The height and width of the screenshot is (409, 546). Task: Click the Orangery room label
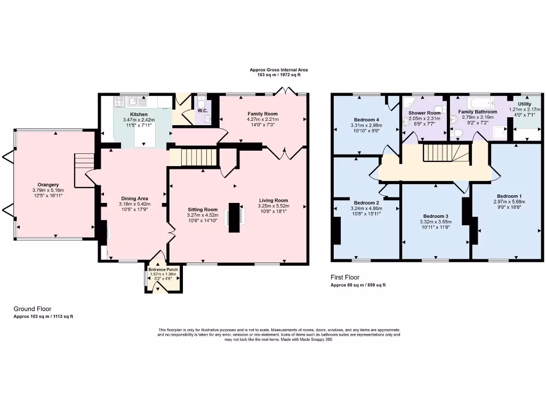47,184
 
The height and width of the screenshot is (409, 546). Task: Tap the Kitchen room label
139,114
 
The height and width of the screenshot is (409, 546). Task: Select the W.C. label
203,111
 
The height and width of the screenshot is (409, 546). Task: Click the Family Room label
262,114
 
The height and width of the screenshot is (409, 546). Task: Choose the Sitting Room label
203,209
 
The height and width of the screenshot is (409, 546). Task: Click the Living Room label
273,200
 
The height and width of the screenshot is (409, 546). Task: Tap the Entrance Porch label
163,269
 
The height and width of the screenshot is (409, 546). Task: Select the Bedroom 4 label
366,119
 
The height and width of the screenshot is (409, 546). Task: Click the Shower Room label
424,113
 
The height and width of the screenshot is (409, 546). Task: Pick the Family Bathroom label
478,112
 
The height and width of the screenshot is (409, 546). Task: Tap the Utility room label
525,104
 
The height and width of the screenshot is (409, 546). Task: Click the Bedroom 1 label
509,196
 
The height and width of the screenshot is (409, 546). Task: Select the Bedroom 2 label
366,203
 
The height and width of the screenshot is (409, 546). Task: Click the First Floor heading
345,277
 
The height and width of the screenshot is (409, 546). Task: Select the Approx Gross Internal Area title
279,70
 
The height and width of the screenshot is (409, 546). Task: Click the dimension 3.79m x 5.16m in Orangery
47,190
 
